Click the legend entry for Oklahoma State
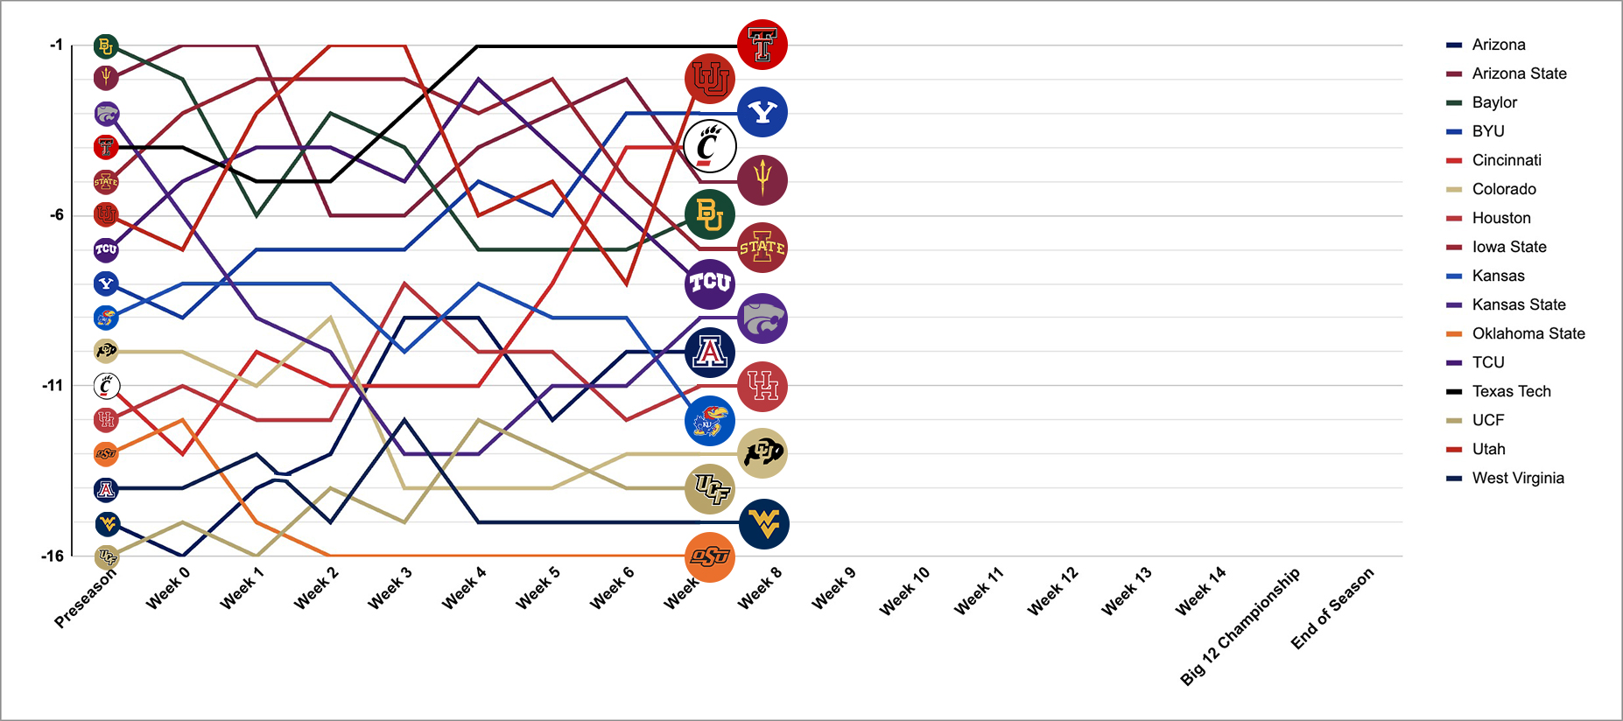click(1528, 333)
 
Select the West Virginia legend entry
click(1517, 478)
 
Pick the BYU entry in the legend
click(1487, 131)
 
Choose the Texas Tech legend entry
click(1511, 391)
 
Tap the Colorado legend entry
click(1503, 189)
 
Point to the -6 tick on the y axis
click(57, 215)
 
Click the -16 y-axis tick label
click(53, 556)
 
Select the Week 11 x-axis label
click(979, 591)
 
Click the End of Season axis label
click(1332, 608)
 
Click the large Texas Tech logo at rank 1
click(762, 45)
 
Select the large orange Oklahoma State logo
click(710, 556)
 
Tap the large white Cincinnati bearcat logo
click(710, 146)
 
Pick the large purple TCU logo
click(710, 283)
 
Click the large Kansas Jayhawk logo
click(710, 421)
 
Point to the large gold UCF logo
click(710, 488)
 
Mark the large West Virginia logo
click(763, 524)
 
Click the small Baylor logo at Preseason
click(106, 46)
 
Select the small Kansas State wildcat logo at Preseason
click(107, 114)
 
